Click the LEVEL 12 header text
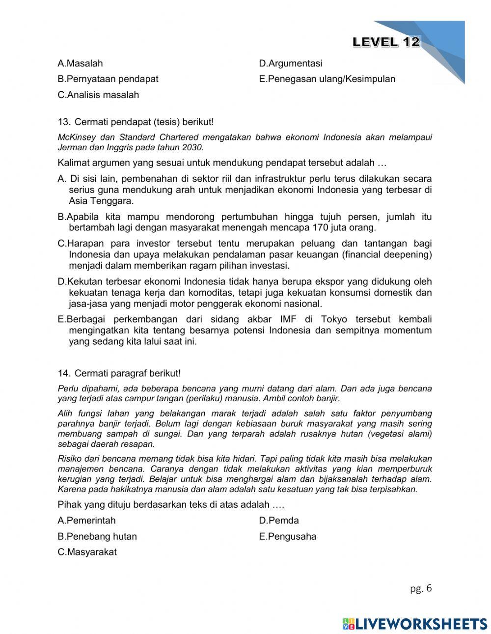[x=386, y=42]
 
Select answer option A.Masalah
[x=80, y=63]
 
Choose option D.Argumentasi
[x=290, y=63]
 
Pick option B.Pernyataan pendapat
[x=108, y=79]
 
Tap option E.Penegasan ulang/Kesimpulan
[x=327, y=79]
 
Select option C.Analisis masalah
[x=98, y=95]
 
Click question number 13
[x=63, y=122]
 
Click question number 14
[x=63, y=374]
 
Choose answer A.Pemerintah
[x=86, y=521]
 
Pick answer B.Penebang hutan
[x=97, y=536]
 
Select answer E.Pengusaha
[x=287, y=536]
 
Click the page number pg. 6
[x=421, y=588]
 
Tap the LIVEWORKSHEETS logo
[x=415, y=623]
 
